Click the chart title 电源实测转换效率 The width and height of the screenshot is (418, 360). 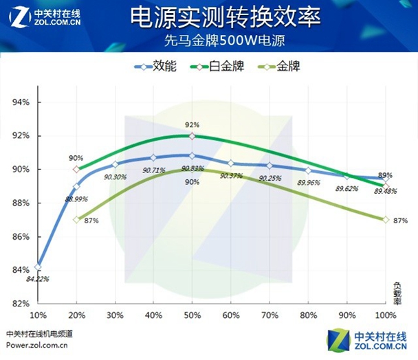click(x=225, y=17)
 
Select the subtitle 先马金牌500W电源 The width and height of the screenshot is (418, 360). click(x=224, y=40)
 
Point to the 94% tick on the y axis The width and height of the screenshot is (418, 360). click(x=21, y=102)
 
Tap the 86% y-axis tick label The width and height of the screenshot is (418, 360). click(x=21, y=236)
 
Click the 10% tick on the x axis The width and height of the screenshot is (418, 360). click(x=38, y=315)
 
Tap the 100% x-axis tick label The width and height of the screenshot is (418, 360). click(x=386, y=315)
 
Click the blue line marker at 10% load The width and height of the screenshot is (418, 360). click(x=38, y=267)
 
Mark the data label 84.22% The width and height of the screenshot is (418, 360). click(x=38, y=279)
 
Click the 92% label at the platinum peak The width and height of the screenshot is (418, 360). click(x=192, y=125)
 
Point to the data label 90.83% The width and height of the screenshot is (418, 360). click(x=192, y=168)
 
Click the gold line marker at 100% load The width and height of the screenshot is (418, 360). click(x=386, y=220)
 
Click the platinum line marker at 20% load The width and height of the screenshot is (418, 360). click(x=76, y=169)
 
